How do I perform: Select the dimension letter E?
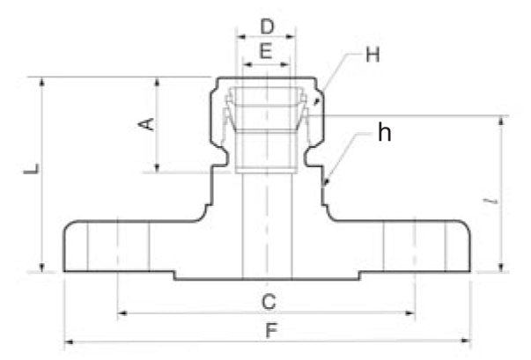click(x=266, y=53)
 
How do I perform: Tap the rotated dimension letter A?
click(x=149, y=124)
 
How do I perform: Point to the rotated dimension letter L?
click(x=30, y=168)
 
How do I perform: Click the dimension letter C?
click(x=269, y=302)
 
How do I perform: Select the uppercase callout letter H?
click(x=372, y=55)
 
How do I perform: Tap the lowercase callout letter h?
click(x=384, y=133)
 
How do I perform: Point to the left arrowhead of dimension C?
click(x=122, y=312)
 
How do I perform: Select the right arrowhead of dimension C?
click(x=414, y=312)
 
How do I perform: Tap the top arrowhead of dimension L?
click(x=41, y=81)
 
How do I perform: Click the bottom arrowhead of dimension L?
click(x=41, y=270)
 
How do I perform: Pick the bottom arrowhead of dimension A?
click(x=157, y=167)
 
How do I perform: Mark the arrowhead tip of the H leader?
click(x=314, y=107)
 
